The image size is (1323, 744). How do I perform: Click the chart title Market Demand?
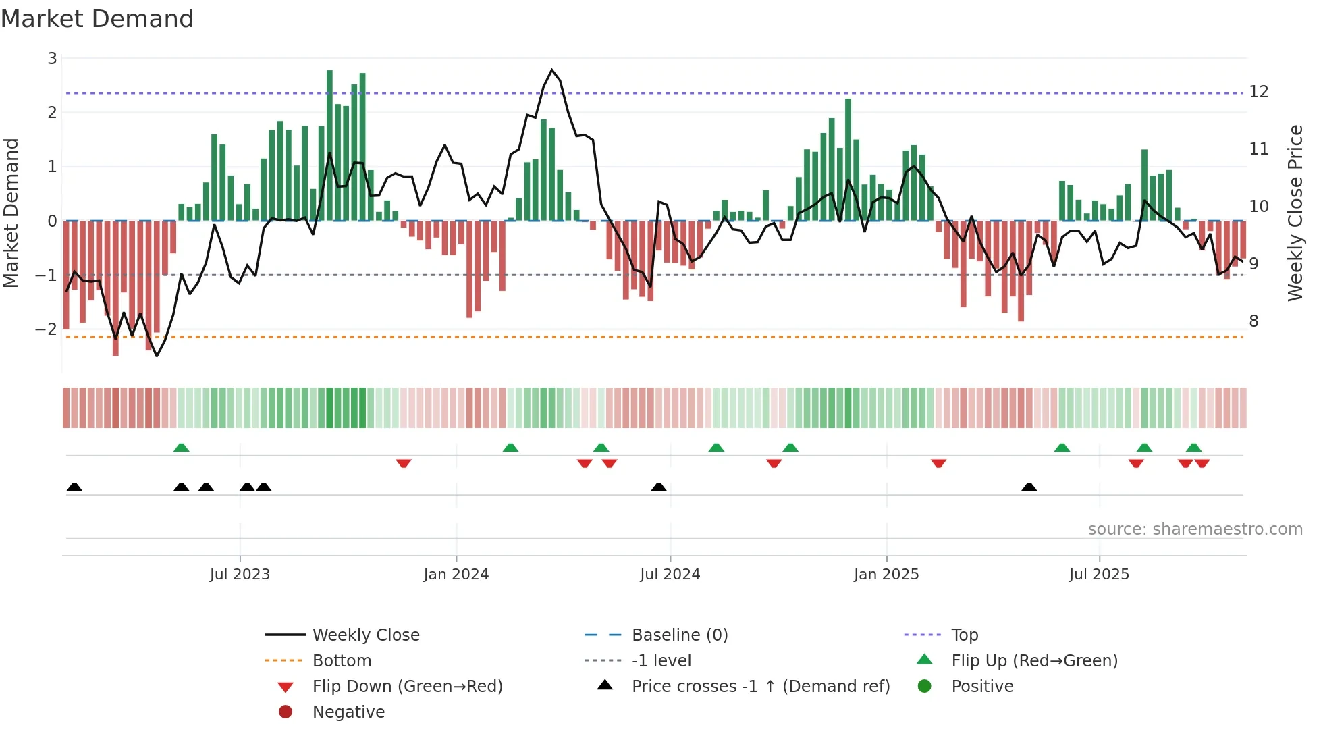click(x=97, y=19)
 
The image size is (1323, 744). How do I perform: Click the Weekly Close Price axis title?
click(x=1295, y=213)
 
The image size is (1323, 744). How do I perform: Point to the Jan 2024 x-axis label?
click(x=456, y=575)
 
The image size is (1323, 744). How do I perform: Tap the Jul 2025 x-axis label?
click(x=1099, y=575)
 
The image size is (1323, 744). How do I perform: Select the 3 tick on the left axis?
click(x=52, y=59)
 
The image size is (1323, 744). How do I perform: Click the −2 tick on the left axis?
click(x=47, y=329)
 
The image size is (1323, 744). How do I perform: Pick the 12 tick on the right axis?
click(x=1258, y=92)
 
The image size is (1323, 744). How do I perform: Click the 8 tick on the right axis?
click(x=1253, y=321)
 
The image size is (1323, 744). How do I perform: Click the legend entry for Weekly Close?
click(x=365, y=635)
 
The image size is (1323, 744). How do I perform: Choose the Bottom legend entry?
click(x=342, y=661)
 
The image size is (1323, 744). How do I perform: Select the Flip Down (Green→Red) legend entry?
click(x=407, y=687)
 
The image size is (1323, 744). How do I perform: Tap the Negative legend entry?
click(x=348, y=712)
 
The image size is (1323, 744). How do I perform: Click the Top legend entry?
click(x=964, y=635)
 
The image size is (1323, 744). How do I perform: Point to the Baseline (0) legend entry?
click(x=679, y=635)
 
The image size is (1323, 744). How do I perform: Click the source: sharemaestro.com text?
click(x=1195, y=529)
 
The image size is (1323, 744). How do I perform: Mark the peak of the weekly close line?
click(x=551, y=70)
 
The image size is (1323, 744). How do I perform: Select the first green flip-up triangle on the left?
click(x=181, y=448)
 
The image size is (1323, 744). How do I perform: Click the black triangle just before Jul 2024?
click(x=658, y=487)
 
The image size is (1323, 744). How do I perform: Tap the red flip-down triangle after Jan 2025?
click(x=938, y=463)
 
